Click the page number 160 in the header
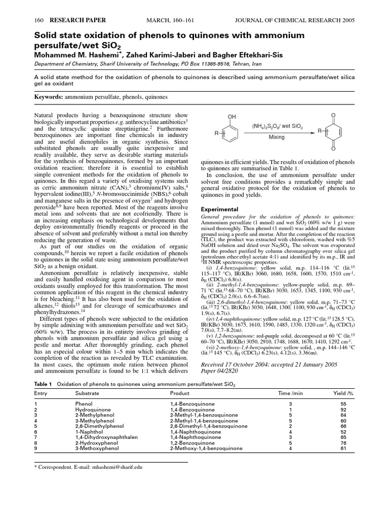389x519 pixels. point(37,20)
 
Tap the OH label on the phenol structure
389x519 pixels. point(231,117)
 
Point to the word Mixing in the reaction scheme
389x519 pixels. point(277,137)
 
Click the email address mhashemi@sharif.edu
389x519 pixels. point(118,467)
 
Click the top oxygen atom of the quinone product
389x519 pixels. point(333,116)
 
